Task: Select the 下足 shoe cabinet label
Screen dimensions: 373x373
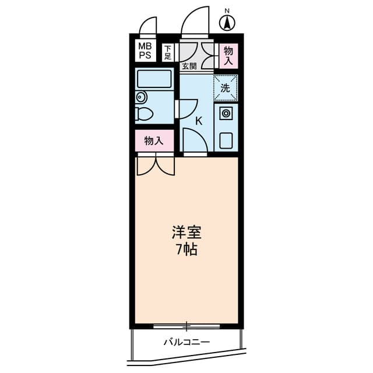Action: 168,52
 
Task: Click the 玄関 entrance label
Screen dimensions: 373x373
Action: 188,66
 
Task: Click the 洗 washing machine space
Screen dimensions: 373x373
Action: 225,88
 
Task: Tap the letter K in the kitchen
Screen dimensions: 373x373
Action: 199,122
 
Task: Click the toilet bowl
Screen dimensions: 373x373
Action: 145,113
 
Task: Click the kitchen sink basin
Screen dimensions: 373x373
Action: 226,140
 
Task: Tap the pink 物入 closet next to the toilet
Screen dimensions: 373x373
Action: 154,140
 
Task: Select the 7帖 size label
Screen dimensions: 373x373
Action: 186,251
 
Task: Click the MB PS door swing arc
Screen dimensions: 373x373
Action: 148,26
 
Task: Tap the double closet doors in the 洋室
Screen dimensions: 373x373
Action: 155,166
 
